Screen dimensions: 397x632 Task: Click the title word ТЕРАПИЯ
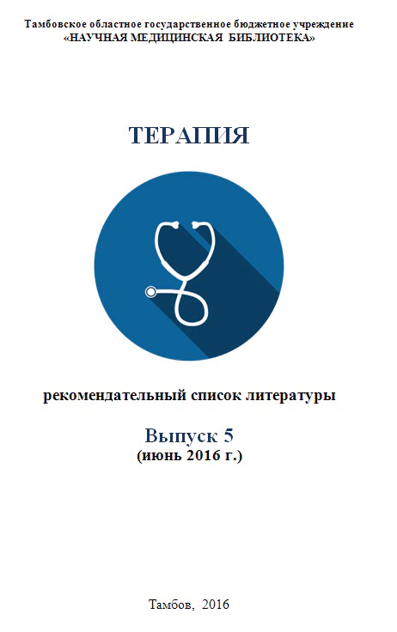189,136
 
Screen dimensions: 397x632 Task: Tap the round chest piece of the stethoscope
151,291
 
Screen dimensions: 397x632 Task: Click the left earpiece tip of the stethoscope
174,224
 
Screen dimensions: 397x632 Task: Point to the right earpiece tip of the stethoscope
196,224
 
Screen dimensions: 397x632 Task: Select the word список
216,396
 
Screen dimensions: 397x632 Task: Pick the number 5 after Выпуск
229,435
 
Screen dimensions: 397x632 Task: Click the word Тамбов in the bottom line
172,605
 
